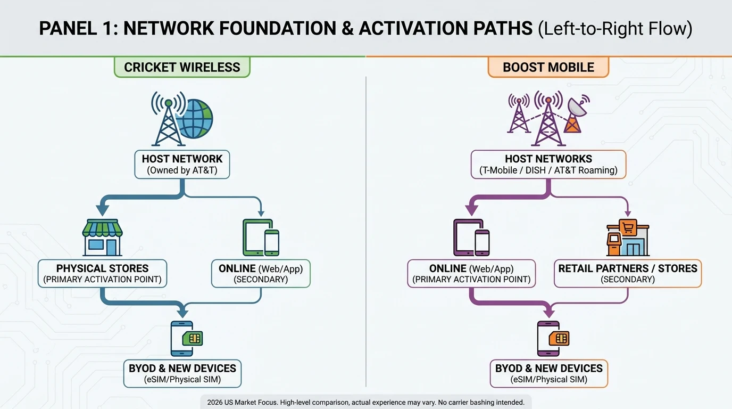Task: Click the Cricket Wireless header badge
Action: click(x=182, y=68)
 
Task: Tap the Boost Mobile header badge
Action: click(x=548, y=68)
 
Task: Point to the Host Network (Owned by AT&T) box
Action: click(x=182, y=165)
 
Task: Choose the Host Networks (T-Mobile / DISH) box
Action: click(x=548, y=165)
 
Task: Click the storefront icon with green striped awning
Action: click(x=103, y=237)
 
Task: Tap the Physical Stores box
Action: click(x=102, y=274)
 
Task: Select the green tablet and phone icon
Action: click(x=261, y=238)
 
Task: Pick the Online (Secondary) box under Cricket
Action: click(x=261, y=274)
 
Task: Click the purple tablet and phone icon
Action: click(x=471, y=238)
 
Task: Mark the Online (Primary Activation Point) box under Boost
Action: click(x=471, y=274)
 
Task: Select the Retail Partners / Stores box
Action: click(x=628, y=274)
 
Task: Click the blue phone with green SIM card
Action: click(x=186, y=338)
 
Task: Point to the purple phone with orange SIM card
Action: click(x=552, y=338)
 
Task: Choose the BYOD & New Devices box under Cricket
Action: click(x=182, y=373)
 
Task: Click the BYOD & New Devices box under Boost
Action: click(x=548, y=373)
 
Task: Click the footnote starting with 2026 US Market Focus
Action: click(x=366, y=403)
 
